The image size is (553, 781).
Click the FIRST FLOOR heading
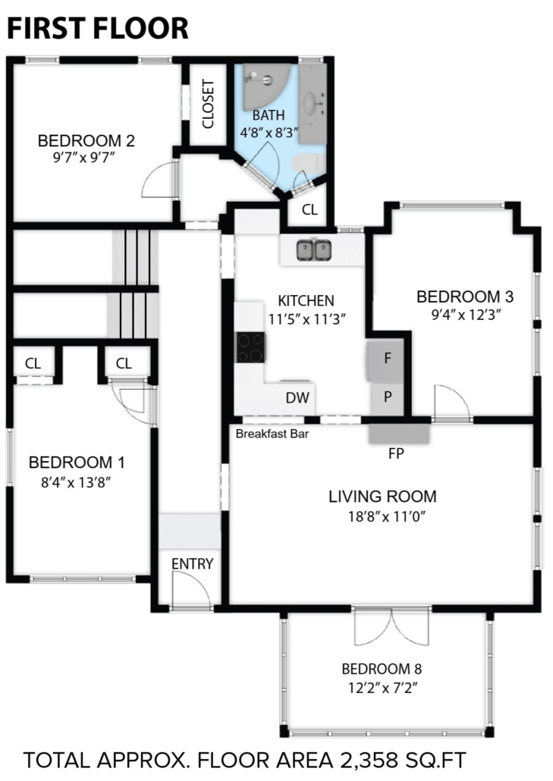pos(98,28)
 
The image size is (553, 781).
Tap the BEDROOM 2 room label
pos(86,141)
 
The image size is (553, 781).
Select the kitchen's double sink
pos(314,250)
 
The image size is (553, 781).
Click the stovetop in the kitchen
pos(250,348)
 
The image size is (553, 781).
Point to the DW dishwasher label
pos(297,397)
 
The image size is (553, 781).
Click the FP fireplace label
pos(396,453)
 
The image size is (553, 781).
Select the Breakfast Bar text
pos(272,434)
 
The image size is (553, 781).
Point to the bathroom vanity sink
pos(313,102)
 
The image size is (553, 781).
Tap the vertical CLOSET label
pos(209,104)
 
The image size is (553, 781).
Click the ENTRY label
pos(193,564)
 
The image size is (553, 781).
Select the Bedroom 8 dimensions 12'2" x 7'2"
pos(382,688)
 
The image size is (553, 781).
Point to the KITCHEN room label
pos(306,301)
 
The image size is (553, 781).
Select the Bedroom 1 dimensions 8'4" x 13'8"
pos(76,482)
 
